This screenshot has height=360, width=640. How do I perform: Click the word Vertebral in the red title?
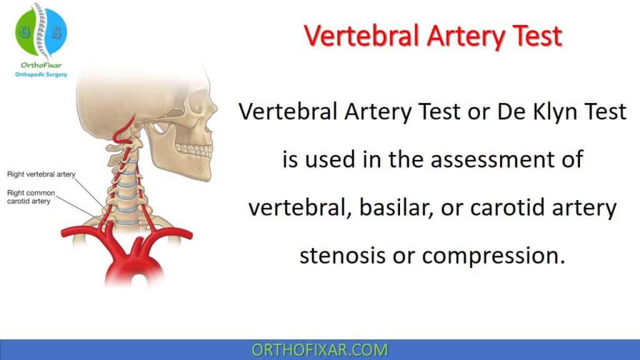(362, 36)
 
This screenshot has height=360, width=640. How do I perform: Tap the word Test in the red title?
(537, 36)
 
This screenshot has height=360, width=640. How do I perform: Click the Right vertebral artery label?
(41, 174)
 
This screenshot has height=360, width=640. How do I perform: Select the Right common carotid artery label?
(31, 197)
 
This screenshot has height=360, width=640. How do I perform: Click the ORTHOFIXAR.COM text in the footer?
(319, 350)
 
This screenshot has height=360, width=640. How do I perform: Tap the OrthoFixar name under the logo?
(41, 65)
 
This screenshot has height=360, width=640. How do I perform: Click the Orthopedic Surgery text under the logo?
(41, 74)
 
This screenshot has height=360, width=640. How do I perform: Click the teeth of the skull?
(195, 150)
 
